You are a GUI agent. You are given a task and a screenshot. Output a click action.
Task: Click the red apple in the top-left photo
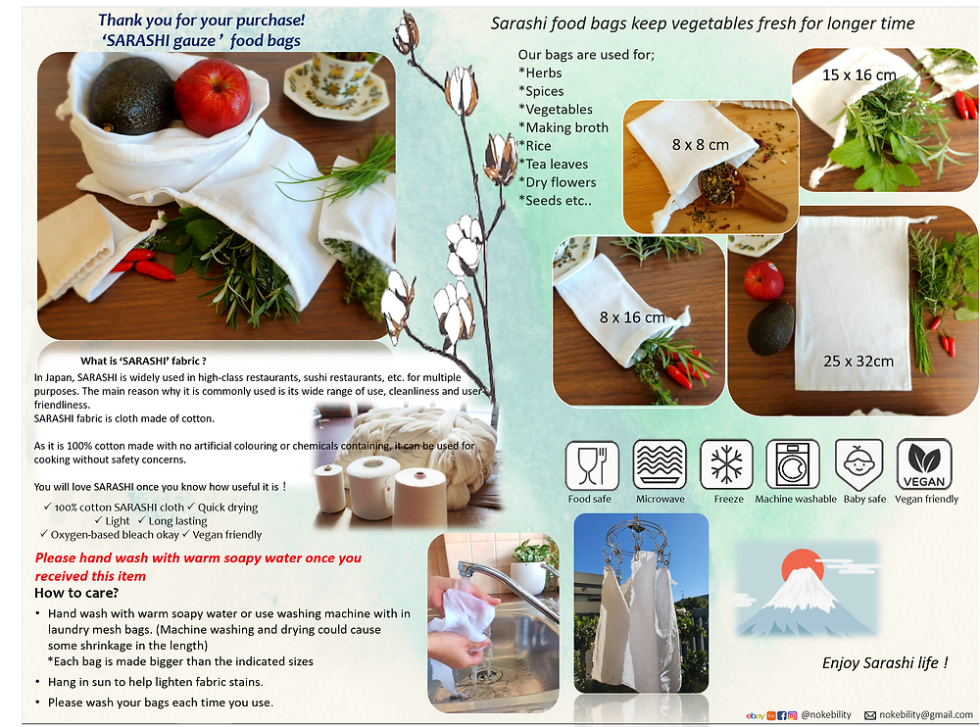point(212,97)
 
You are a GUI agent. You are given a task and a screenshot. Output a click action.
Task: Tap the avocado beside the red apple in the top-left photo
point(130,96)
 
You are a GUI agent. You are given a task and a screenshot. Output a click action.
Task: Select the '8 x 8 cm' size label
point(700,145)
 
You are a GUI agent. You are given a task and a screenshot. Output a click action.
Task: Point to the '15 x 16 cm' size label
point(858,75)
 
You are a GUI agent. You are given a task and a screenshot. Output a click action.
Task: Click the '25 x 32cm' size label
point(858,362)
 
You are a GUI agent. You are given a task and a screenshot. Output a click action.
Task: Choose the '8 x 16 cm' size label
point(632,317)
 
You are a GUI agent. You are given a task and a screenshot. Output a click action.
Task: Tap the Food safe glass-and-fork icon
point(592,465)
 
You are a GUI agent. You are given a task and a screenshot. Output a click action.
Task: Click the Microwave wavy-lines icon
point(660,464)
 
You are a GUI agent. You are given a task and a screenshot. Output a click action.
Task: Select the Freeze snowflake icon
point(726,464)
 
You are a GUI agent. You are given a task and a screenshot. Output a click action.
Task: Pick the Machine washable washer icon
point(793,463)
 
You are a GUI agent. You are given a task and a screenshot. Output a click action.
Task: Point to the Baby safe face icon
point(858,464)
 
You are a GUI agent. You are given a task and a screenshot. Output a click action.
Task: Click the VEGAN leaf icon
point(924,463)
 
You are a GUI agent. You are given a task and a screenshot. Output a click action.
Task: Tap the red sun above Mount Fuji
point(803,566)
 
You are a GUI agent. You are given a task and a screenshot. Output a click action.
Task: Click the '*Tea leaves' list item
point(553,164)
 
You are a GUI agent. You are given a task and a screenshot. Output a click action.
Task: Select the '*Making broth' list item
point(563,127)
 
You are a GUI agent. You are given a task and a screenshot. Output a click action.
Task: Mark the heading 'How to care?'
point(76,593)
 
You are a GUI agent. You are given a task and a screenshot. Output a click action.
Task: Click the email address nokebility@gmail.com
point(926,714)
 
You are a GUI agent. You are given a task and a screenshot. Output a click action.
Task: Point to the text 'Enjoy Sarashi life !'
point(885,662)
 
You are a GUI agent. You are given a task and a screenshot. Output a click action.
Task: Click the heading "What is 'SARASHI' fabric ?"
point(143,361)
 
